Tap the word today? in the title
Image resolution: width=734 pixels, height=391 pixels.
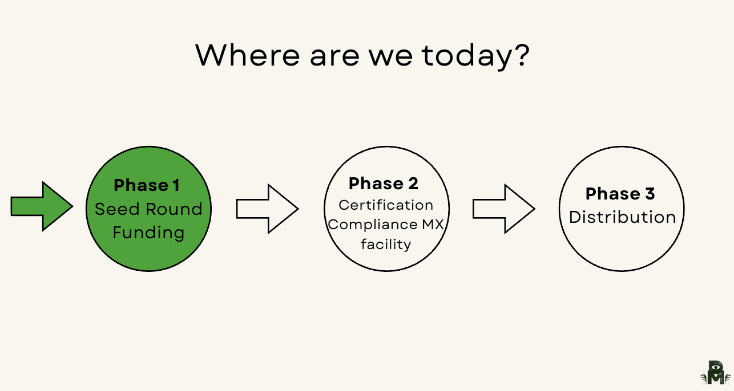click(475, 55)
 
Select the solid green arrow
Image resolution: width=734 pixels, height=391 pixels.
click(42, 206)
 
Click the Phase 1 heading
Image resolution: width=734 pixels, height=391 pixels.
click(147, 185)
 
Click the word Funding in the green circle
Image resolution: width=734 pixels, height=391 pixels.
click(148, 233)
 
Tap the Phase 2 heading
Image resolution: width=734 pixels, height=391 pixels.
click(384, 184)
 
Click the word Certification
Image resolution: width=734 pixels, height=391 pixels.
click(386, 205)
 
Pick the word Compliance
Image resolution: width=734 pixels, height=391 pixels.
click(372, 225)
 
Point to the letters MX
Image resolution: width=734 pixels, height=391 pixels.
click(433, 225)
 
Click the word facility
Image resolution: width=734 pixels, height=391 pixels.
click(386, 245)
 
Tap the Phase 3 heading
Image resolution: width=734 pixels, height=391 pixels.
click(620, 194)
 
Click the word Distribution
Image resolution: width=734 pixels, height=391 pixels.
click(622, 217)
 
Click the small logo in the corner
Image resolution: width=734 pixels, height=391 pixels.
click(715, 373)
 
